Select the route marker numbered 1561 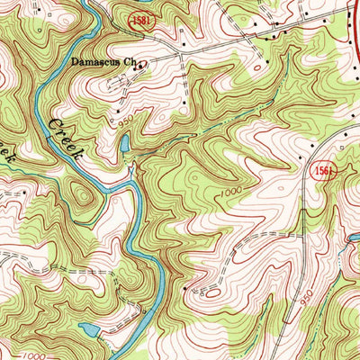325,171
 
